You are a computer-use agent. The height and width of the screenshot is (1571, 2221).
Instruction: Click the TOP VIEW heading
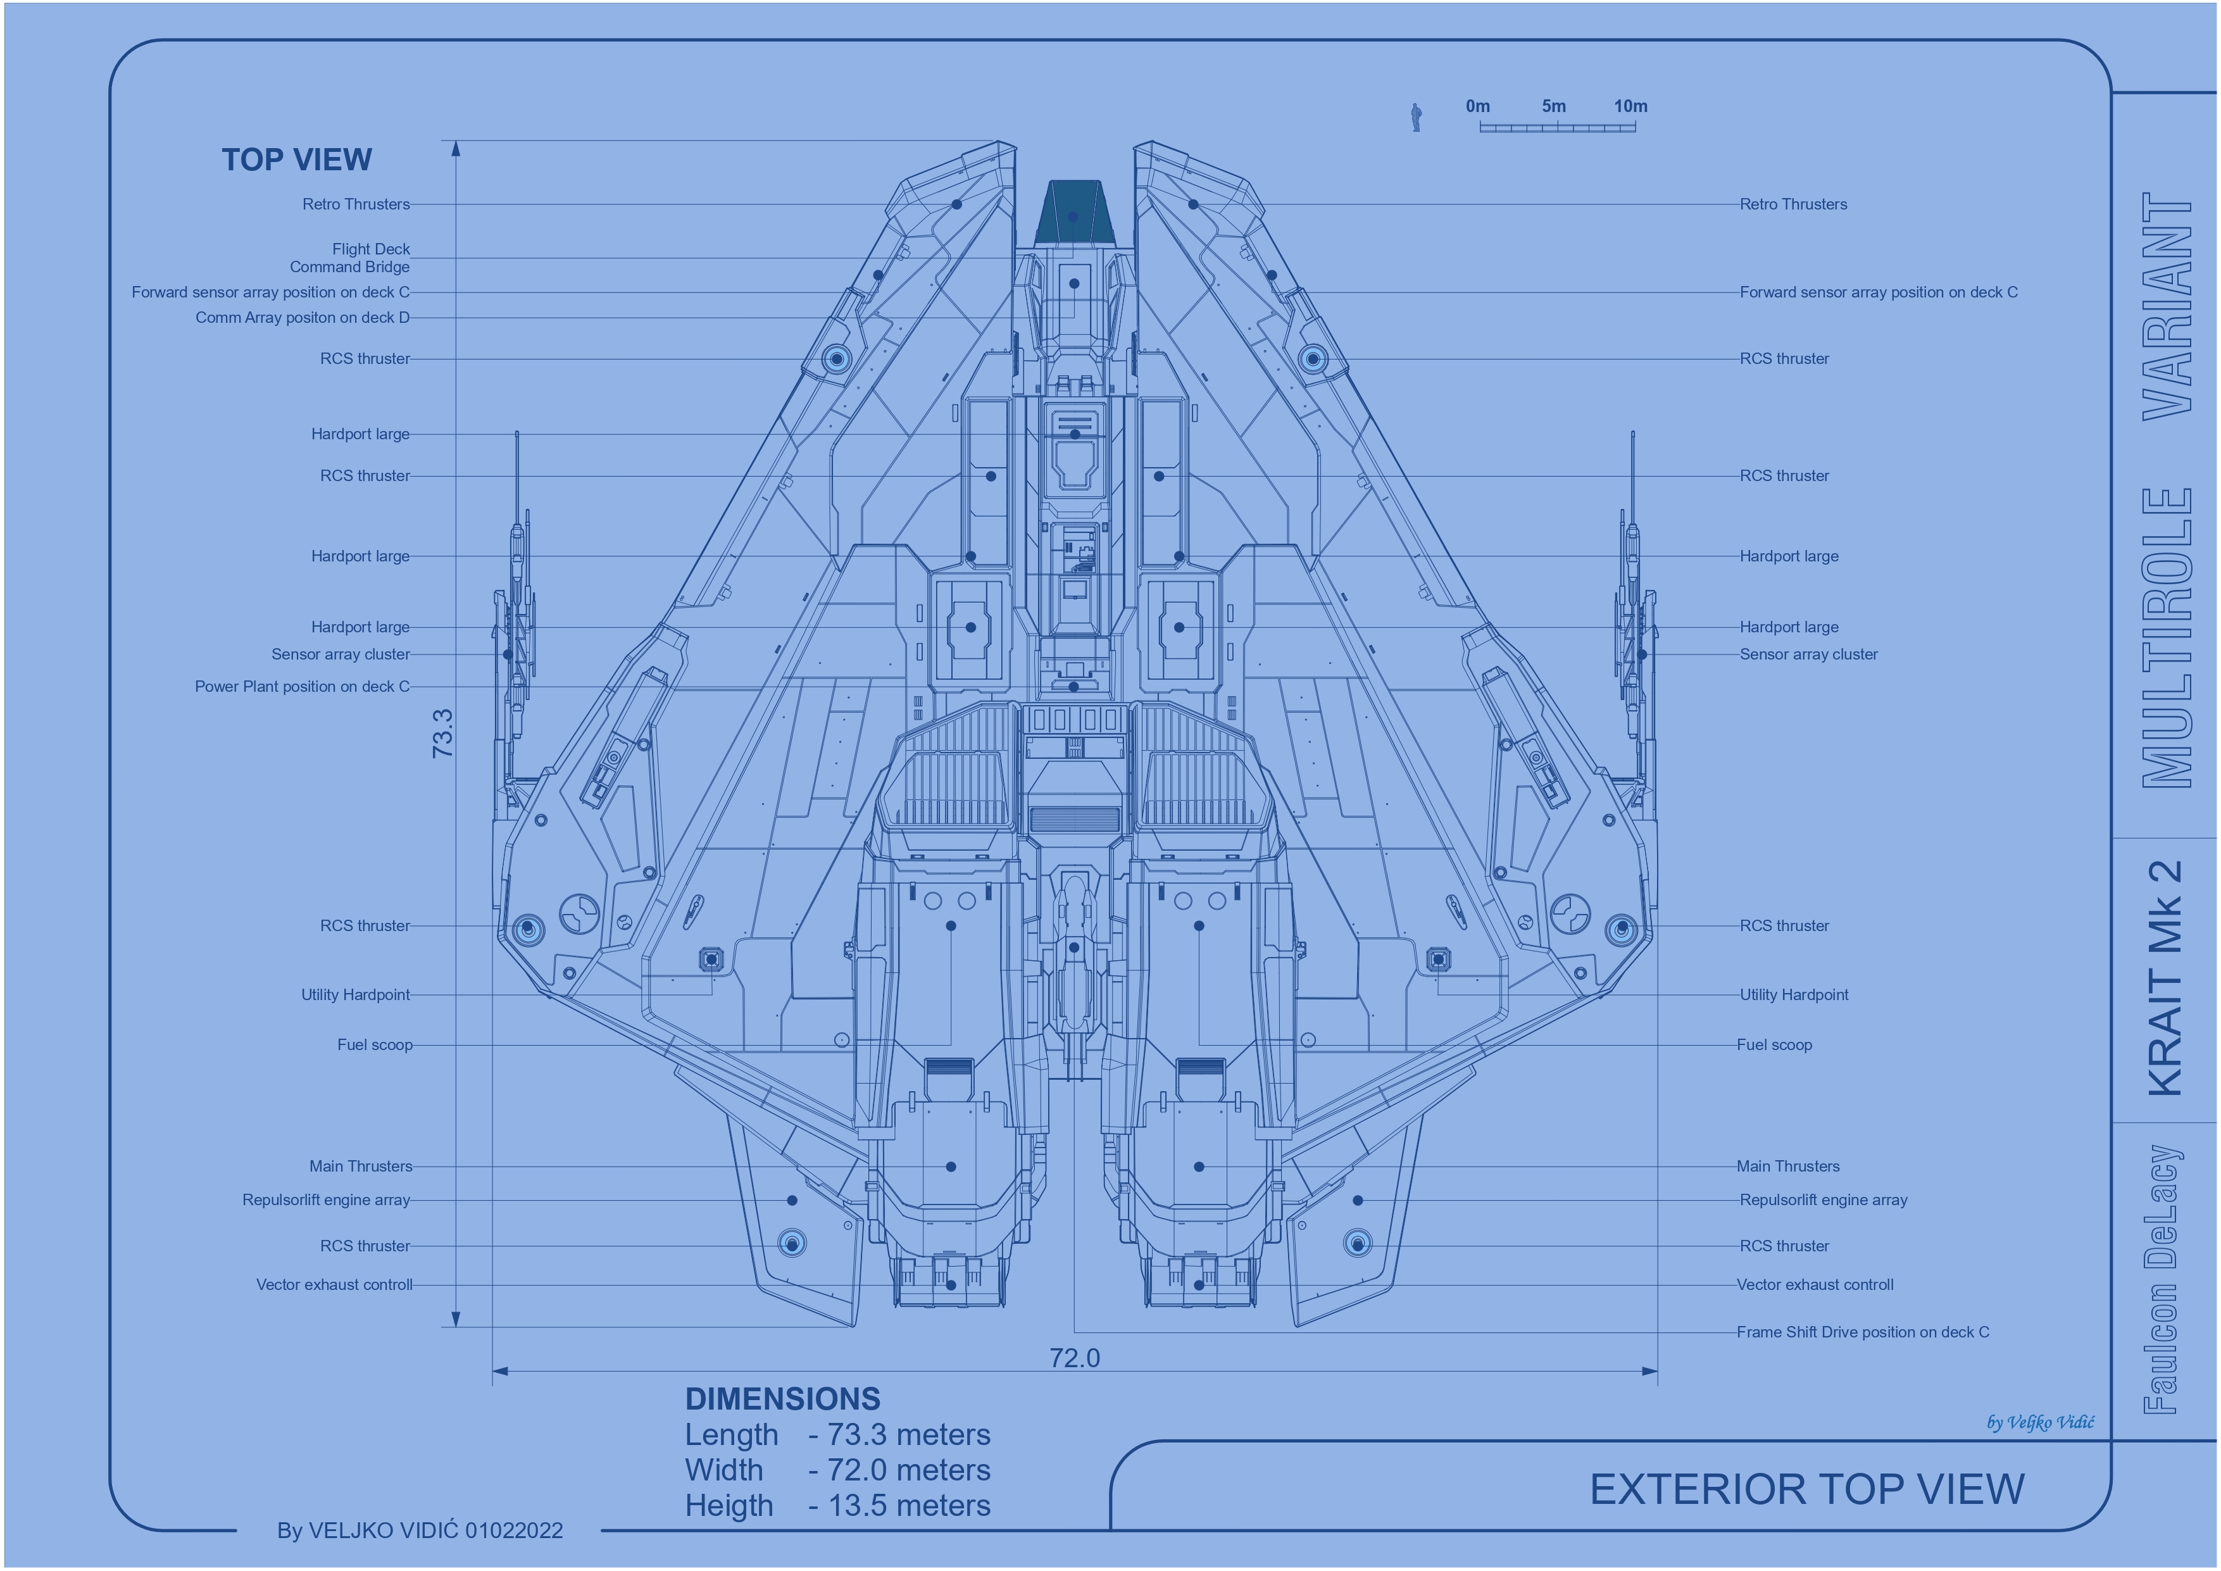pos(296,160)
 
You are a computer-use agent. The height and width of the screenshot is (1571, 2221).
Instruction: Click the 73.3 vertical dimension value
pos(442,732)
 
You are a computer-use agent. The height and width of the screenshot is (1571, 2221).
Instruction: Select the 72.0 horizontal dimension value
pos(1075,1358)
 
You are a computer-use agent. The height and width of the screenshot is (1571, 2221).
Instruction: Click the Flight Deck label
pos(372,249)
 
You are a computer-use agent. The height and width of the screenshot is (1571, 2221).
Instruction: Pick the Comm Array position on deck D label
pos(303,317)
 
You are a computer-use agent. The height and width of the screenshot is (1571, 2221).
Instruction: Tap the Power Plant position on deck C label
pos(303,687)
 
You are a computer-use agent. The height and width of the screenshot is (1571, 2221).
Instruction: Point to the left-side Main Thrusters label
pos(361,1167)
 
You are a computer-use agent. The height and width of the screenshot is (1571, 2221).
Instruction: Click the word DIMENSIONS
pos(782,1399)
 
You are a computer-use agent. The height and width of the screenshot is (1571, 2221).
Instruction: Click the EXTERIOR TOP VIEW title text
pos(1807,1490)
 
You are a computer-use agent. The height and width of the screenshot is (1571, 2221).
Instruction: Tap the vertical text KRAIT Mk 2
pos(2165,978)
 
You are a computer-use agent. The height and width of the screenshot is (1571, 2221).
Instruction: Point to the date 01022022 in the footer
pos(514,1530)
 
